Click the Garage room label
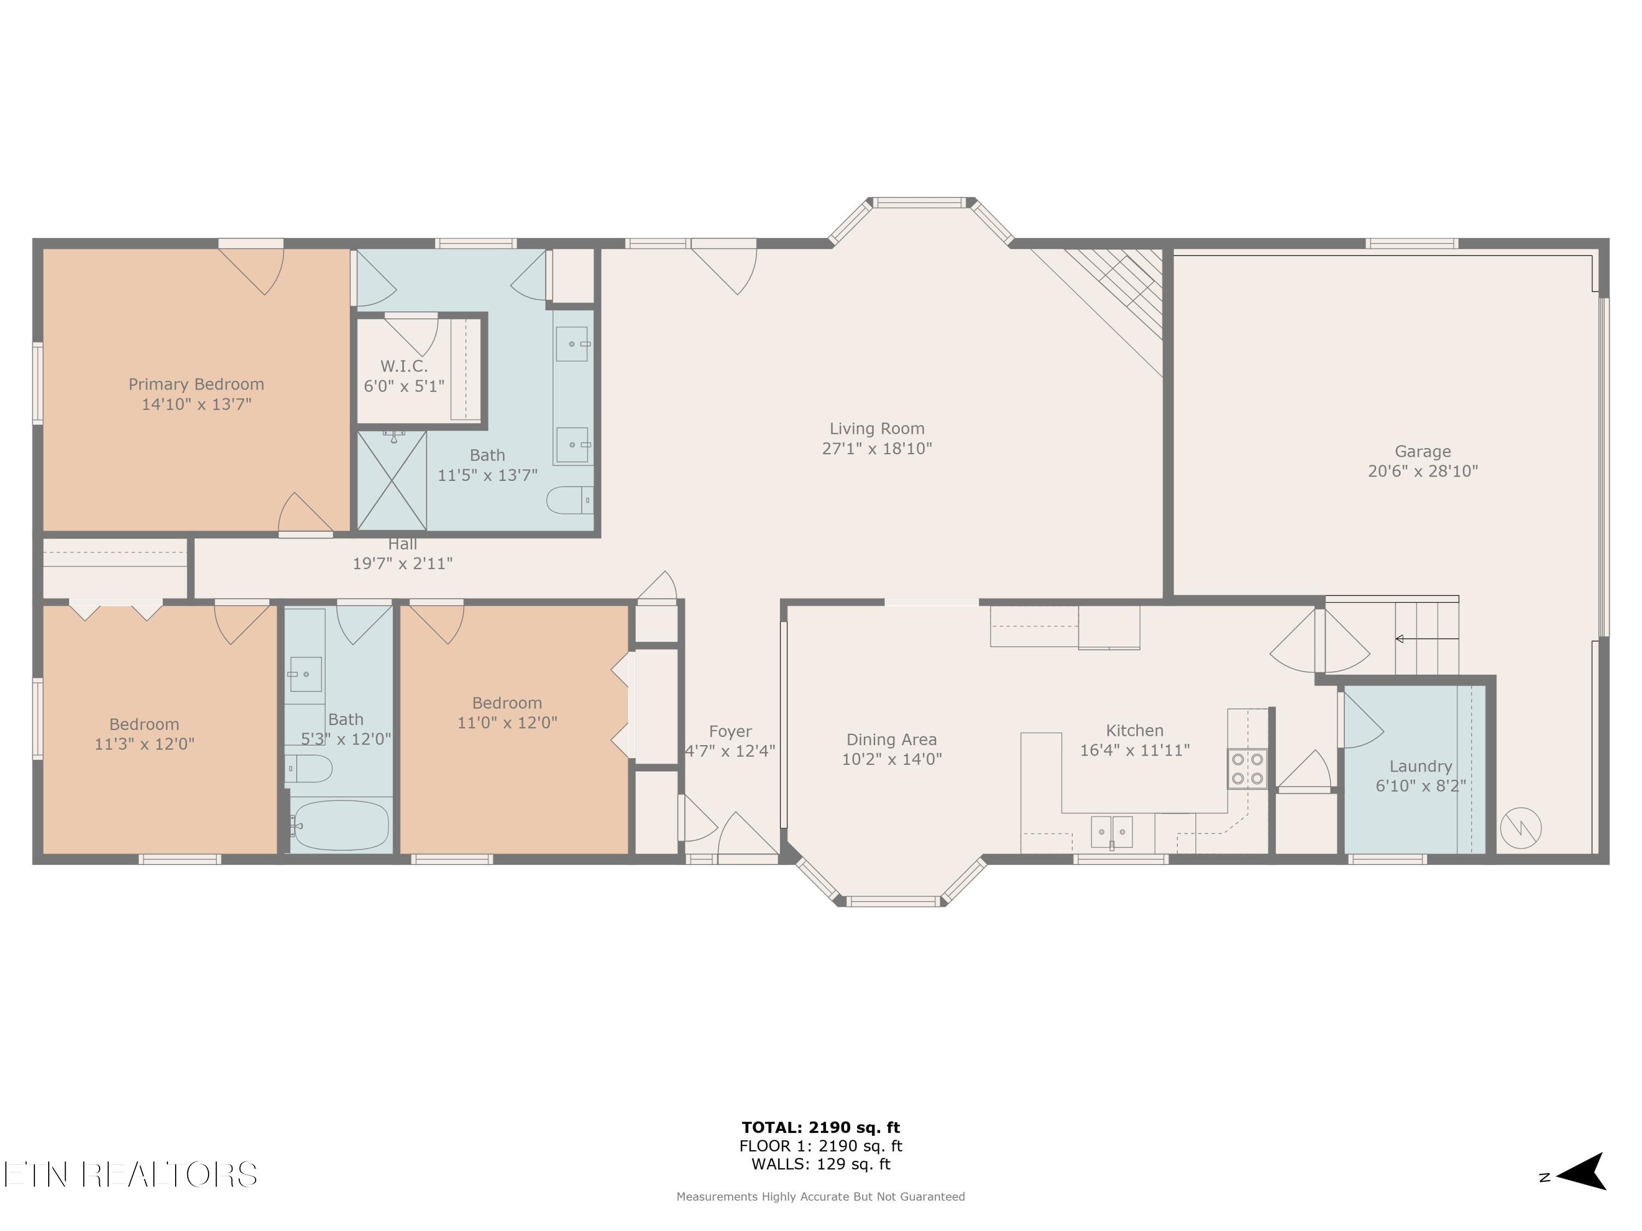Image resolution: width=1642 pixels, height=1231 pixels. [1423, 451]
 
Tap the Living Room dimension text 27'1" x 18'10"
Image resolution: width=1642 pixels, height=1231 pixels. [877, 448]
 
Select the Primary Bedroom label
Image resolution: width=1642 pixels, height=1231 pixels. [196, 385]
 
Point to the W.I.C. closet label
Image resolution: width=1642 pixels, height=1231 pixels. [404, 366]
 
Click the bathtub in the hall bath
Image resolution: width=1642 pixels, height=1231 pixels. [339, 825]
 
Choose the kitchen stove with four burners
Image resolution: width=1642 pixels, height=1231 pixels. [1247, 769]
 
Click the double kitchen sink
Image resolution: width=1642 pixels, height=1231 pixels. [1111, 831]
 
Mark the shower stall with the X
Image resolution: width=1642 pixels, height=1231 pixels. [392, 481]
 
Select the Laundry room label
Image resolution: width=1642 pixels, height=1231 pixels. [1420, 766]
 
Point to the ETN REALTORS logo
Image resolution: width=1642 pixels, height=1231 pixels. [131, 1174]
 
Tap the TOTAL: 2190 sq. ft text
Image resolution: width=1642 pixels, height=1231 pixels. [820, 1128]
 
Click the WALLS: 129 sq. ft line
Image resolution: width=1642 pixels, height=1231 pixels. [820, 1164]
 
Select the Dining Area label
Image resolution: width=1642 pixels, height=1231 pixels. [892, 739]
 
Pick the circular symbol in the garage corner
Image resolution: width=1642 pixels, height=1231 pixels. [1520, 827]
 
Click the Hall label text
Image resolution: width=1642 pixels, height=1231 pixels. [402, 544]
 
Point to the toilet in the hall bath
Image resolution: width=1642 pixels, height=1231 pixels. [309, 769]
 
